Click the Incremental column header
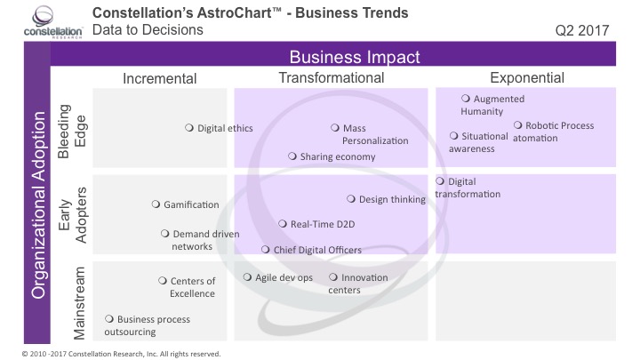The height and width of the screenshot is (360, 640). click(x=159, y=78)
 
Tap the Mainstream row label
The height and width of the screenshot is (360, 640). click(x=76, y=302)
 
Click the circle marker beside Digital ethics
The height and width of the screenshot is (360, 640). click(x=189, y=128)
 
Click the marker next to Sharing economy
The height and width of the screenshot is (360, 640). click(x=292, y=156)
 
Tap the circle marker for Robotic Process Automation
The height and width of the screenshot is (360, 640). click(x=519, y=125)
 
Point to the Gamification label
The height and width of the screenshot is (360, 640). click(x=191, y=204)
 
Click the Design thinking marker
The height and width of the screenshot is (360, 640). click(x=351, y=199)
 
